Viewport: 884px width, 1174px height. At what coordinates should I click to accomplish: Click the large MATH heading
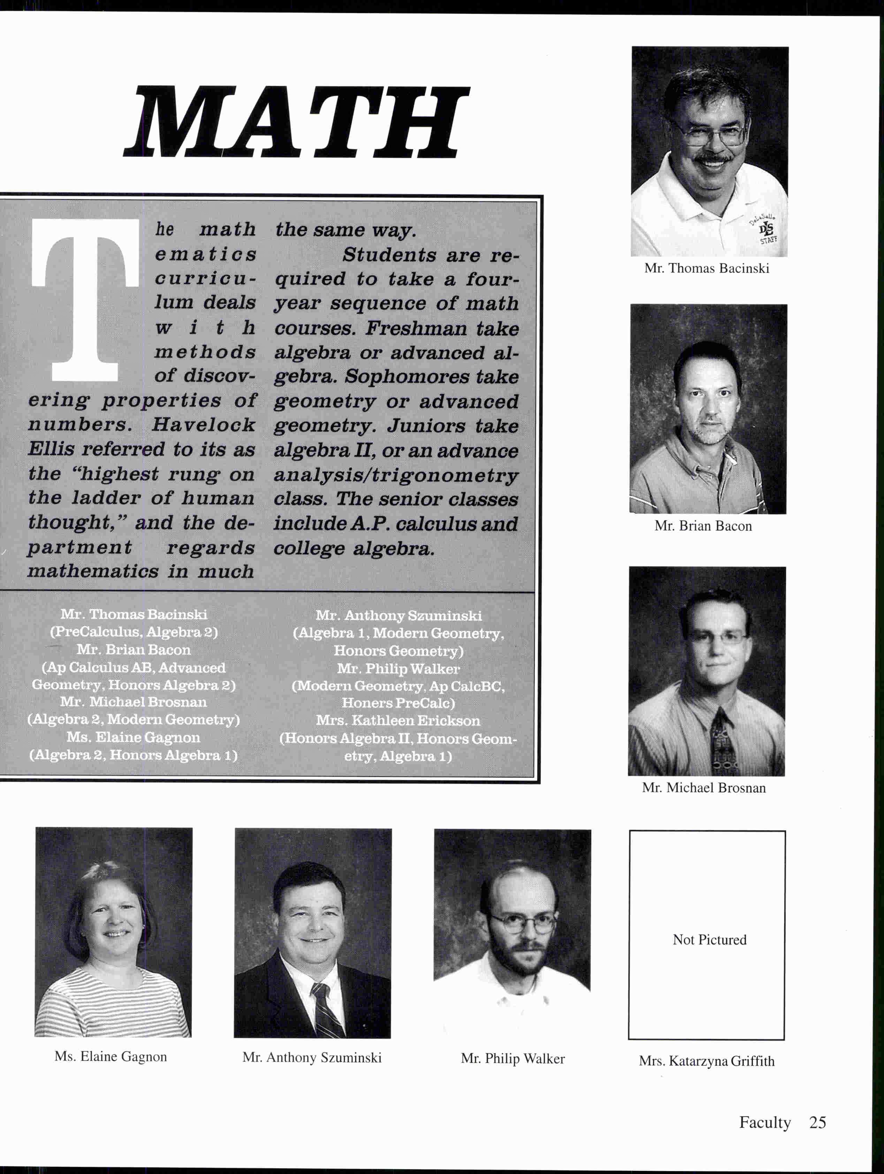tap(297, 123)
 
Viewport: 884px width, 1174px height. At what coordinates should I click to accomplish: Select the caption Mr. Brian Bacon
tap(703, 526)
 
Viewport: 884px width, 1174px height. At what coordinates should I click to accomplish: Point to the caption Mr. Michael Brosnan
tap(703, 788)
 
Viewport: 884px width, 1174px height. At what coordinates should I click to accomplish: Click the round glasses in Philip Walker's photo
tap(522, 924)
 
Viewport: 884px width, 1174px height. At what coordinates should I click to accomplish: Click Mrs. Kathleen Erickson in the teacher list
tap(398, 720)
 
